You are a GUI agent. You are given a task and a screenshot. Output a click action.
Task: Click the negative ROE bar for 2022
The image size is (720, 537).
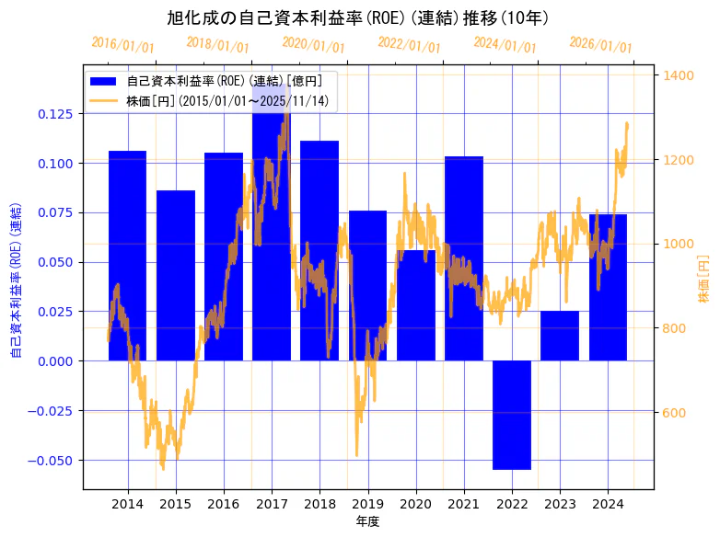pyautogui.click(x=512, y=415)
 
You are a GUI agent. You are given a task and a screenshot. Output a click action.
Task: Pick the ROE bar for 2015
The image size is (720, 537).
pyautogui.click(x=175, y=276)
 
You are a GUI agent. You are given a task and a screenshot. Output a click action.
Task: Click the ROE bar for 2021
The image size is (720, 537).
pyautogui.click(x=464, y=258)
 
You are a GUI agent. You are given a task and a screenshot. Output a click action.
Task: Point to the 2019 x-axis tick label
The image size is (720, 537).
pyautogui.click(x=367, y=504)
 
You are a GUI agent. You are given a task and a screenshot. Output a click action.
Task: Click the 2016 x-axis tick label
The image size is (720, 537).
pyautogui.click(x=224, y=504)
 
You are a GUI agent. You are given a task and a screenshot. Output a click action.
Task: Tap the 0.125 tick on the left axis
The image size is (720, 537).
pyautogui.click(x=59, y=113)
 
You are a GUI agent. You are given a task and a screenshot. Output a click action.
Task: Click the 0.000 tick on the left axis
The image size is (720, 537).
pyautogui.click(x=59, y=361)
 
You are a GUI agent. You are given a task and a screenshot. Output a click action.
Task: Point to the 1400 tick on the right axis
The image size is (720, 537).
pyautogui.click(x=679, y=75)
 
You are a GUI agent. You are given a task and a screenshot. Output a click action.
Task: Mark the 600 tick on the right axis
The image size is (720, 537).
pyautogui.click(x=676, y=413)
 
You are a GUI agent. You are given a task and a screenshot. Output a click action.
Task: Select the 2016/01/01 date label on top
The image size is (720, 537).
pyautogui.click(x=122, y=43)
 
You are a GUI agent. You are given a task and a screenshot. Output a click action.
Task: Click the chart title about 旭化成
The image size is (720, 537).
pyautogui.click(x=358, y=17)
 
